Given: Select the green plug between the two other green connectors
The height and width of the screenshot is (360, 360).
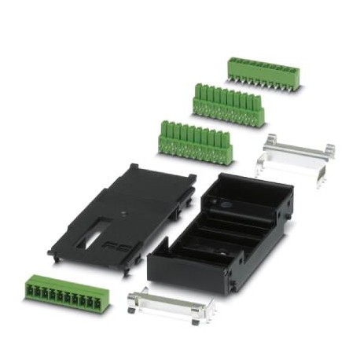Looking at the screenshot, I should (x=227, y=103).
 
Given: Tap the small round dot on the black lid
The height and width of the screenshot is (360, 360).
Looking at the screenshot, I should (x=124, y=211).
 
